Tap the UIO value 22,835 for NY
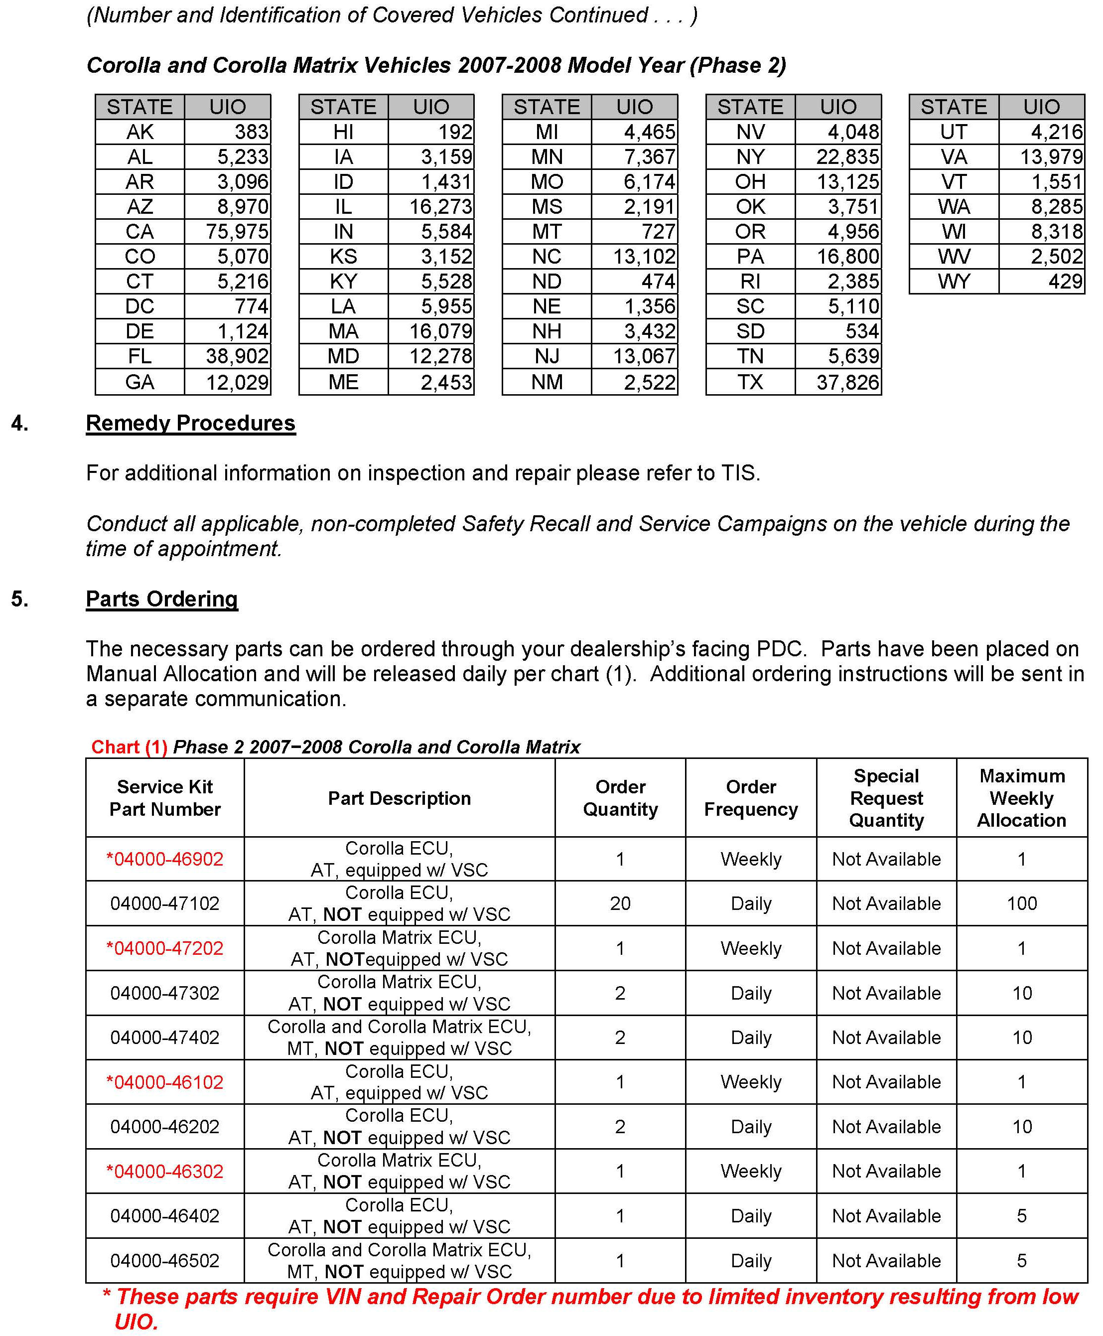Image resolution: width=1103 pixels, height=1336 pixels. point(847,156)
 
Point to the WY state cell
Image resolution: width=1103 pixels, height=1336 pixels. point(953,281)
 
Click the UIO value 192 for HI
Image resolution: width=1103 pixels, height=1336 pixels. point(455,132)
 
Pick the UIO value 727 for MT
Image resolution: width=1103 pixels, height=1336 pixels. point(658,231)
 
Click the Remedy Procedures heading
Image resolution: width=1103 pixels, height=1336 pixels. point(191,423)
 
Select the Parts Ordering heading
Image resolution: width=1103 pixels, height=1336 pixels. point(162,598)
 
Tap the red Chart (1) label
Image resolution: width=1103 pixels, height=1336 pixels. point(129,747)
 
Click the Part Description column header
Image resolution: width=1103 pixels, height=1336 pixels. point(399,798)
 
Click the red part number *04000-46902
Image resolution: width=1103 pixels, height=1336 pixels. point(164,859)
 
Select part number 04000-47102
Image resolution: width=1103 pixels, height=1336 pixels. point(164,903)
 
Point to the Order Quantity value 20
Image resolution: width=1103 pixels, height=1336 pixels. point(620,903)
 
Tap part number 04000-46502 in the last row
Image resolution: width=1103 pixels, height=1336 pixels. point(164,1260)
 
